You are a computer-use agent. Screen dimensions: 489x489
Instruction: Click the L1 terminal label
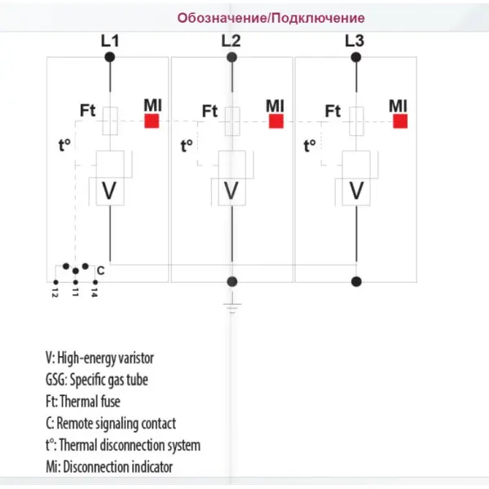[110, 41]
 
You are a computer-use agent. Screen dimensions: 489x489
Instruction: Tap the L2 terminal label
[231, 41]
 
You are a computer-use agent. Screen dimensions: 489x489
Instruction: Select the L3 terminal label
[355, 41]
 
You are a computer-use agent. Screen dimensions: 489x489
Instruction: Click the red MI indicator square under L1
[152, 121]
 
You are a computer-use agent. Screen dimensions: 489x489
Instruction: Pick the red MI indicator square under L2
[276, 121]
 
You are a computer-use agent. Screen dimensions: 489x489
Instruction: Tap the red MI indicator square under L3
[400, 121]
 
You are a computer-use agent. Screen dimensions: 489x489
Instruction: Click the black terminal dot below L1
[110, 57]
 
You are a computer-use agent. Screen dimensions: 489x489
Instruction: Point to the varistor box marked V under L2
[232, 178]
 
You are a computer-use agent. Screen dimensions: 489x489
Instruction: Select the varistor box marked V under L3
[356, 178]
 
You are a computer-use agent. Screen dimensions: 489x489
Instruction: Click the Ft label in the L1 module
[88, 110]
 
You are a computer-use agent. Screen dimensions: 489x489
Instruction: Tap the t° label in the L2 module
[187, 146]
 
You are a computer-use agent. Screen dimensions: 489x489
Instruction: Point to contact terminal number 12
[55, 282]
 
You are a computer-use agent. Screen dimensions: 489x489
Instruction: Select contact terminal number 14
[95, 282]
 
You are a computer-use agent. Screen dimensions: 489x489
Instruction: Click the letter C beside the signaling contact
[100, 271]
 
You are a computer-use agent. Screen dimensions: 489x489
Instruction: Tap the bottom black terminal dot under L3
[356, 282]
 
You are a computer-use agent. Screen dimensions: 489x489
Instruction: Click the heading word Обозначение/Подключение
[271, 18]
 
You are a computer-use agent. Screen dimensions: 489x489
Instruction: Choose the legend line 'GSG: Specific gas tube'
[97, 380]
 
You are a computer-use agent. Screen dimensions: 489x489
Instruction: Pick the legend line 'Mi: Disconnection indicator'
[109, 467]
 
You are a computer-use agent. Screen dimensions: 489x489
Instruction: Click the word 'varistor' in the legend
[138, 358]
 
